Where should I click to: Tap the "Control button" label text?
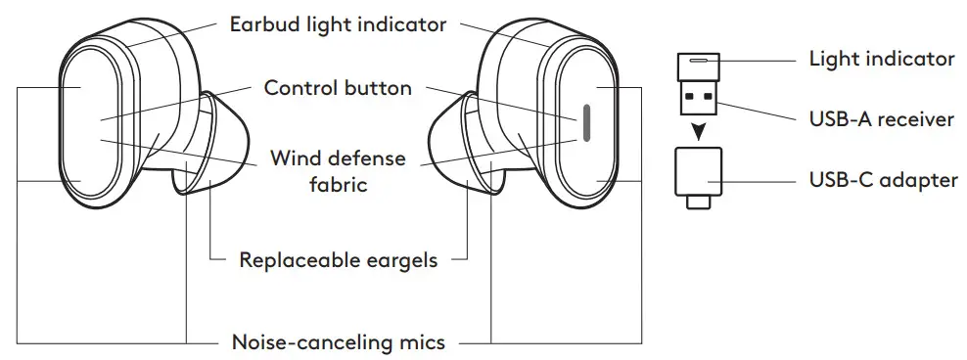337,88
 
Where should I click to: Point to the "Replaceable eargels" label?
338,260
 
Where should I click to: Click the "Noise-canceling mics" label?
338,341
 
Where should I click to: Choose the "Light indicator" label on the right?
881,59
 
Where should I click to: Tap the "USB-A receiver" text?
881,120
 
